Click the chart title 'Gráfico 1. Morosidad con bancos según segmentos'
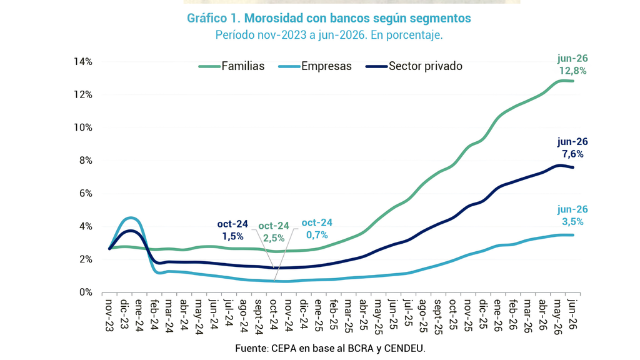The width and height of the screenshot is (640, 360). click(x=329, y=18)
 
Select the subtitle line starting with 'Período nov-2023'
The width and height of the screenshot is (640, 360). click(x=329, y=35)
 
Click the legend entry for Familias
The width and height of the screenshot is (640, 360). click(x=231, y=66)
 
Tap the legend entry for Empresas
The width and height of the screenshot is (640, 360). click(x=315, y=66)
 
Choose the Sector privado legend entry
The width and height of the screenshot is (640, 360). click(x=414, y=66)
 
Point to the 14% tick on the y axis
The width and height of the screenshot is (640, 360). click(x=83, y=62)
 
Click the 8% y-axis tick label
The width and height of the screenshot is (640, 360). click(x=85, y=161)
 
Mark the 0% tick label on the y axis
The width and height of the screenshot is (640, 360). click(x=85, y=292)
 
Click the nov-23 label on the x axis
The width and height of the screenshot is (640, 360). click(x=109, y=315)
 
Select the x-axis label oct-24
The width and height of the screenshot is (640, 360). click(x=274, y=314)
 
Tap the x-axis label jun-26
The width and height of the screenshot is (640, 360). click(x=573, y=314)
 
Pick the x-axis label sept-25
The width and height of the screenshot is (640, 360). click(x=438, y=317)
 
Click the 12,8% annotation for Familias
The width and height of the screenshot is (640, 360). click(x=572, y=65)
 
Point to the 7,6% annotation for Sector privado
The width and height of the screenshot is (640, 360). click(x=572, y=147)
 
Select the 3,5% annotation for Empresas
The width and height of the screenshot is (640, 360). click(x=572, y=216)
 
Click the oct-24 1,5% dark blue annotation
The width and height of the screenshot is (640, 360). click(x=232, y=230)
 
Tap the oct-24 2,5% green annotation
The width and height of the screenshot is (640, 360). click(x=274, y=232)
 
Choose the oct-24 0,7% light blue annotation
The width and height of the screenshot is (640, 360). click(x=317, y=229)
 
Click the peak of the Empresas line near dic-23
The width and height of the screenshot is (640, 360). click(x=131, y=218)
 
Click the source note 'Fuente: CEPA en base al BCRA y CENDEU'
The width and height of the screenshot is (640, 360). click(x=330, y=349)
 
